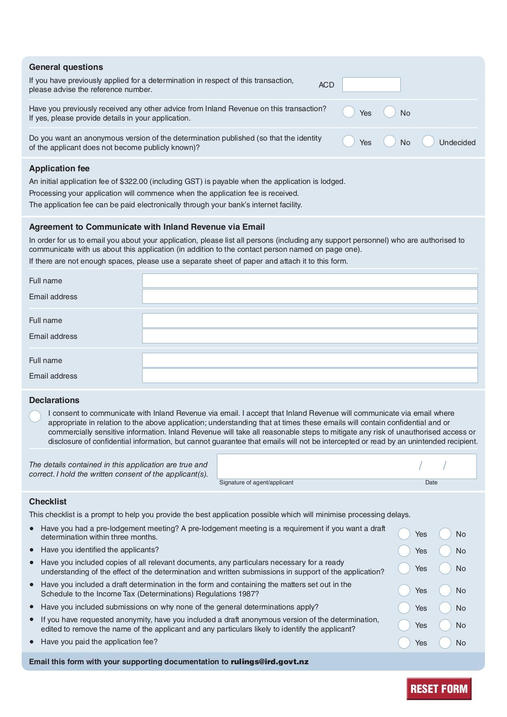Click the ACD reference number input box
tap(371, 85)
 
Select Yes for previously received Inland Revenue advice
tap(348, 112)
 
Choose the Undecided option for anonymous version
tap(428, 141)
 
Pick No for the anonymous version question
tap(389, 141)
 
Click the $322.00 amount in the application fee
tap(133, 181)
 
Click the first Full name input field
tap(310, 281)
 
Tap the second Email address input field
tap(310, 336)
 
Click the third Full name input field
tap(310, 360)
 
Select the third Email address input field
tap(310, 376)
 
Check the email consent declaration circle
tap(35, 416)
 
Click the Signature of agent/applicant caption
tap(256, 482)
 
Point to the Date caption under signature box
tap(431, 482)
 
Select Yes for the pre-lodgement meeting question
tap(404, 533)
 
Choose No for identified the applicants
tap(445, 551)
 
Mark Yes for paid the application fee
tap(404, 643)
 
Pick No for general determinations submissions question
tap(445, 608)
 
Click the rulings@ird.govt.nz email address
tap(270, 661)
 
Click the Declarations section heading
tap(54, 400)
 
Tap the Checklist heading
tap(47, 502)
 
